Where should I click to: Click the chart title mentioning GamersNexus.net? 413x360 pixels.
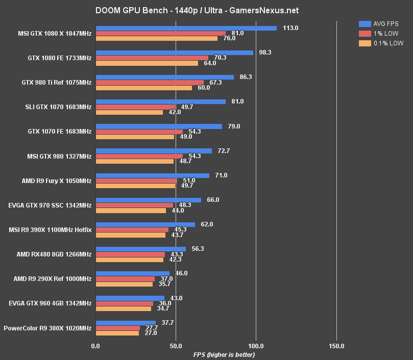pos(197,10)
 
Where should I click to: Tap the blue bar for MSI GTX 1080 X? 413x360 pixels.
pos(186,29)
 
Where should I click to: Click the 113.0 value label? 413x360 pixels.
pos(290,28)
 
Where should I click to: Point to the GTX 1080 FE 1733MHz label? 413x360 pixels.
pos(60,58)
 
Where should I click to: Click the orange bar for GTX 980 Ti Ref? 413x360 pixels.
pos(144,88)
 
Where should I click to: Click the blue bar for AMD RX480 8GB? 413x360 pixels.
pos(140,249)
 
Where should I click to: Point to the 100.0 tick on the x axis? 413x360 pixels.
pos(256,346)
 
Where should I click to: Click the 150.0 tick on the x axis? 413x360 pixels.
pos(336,346)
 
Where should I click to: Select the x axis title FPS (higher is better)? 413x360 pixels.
pos(224,354)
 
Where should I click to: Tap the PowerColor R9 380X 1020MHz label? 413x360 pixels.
pos(47,328)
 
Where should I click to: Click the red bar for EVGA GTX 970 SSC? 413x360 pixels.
pos(134,205)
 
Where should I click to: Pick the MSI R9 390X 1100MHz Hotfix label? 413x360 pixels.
pos(51,230)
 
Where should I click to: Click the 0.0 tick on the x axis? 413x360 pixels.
pos(95,346)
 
